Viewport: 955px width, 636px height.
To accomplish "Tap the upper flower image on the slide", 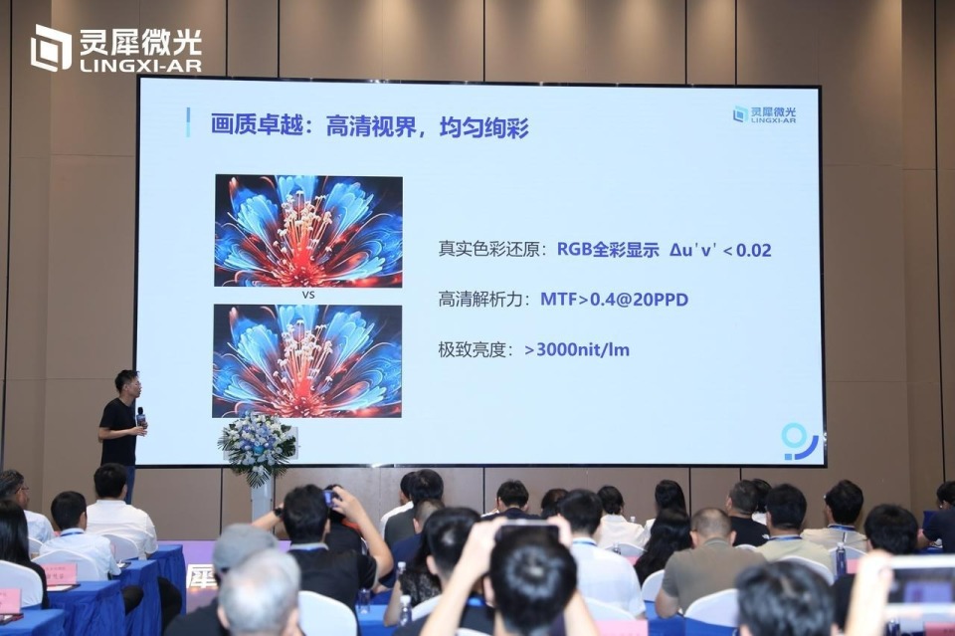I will [308, 231].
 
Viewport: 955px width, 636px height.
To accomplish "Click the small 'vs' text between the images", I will [307, 296].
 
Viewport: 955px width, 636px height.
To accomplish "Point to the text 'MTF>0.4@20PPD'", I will [614, 300].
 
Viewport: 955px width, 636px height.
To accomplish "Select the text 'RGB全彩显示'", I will [607, 249].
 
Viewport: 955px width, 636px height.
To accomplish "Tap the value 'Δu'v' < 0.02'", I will [720, 249].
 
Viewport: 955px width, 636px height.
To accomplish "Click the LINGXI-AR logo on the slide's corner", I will [764, 114].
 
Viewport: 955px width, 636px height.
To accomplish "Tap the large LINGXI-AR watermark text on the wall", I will [117, 50].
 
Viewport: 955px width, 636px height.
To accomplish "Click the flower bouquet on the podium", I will [258, 447].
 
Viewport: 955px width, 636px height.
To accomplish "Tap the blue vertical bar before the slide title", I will [188, 122].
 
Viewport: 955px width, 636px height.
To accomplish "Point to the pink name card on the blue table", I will [59, 573].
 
